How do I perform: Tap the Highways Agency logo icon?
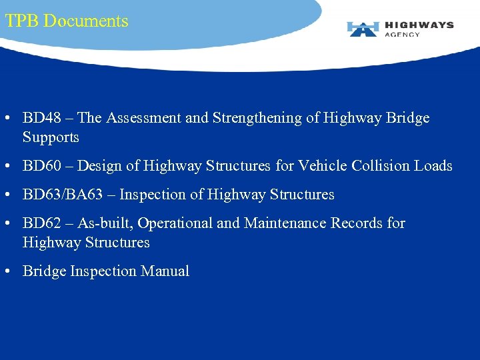point(363,29)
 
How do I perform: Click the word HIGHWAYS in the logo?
point(419,25)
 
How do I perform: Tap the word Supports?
point(51,137)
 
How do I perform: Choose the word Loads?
point(435,166)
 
